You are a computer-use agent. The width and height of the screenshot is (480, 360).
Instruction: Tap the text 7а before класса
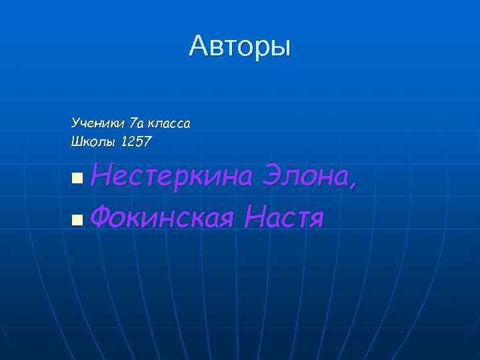[136, 123]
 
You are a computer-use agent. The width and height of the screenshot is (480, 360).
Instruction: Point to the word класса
[169, 123]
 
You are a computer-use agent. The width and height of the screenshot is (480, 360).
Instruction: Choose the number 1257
[136, 141]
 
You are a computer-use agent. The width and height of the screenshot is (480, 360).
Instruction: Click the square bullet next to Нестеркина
[77, 178]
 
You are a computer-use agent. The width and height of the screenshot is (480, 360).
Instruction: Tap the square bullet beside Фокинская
[77, 218]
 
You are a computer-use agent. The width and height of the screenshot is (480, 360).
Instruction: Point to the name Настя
[284, 217]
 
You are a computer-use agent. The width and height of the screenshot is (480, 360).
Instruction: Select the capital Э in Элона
[273, 177]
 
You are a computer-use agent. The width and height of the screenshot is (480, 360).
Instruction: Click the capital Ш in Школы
[76, 141]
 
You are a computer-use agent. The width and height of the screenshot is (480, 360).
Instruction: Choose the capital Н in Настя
[255, 217]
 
